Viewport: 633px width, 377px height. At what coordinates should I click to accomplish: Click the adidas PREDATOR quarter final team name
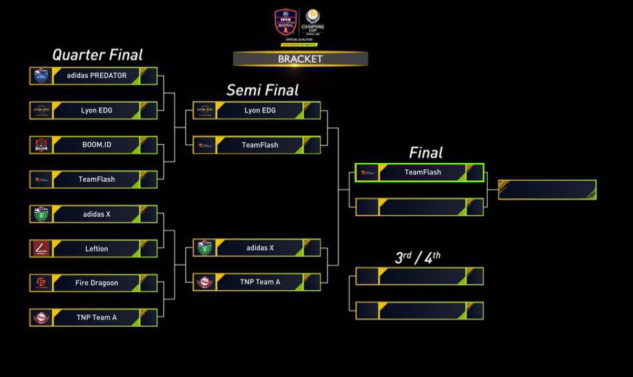[97, 76]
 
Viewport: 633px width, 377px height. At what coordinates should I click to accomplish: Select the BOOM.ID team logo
[41, 145]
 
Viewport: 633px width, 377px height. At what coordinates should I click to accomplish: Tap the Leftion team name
[97, 248]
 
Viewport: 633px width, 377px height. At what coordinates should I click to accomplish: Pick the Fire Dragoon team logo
[41, 283]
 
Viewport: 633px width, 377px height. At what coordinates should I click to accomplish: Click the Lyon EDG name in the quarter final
[97, 111]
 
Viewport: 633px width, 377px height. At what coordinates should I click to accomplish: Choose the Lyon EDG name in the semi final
[260, 111]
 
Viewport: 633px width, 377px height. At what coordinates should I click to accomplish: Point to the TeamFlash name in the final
[422, 172]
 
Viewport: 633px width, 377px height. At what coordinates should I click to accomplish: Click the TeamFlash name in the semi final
[260, 145]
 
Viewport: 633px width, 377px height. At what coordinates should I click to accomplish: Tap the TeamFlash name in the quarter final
[97, 179]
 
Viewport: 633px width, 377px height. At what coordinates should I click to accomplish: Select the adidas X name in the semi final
[260, 248]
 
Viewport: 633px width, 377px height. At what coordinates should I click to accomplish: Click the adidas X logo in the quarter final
[41, 214]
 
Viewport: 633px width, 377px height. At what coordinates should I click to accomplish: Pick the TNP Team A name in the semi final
[260, 282]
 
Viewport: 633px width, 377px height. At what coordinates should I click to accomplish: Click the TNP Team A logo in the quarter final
[41, 318]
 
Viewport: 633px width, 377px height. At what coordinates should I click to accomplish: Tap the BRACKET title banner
[300, 59]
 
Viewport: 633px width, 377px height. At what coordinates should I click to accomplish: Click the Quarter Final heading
[98, 55]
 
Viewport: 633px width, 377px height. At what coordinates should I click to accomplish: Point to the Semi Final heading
[262, 90]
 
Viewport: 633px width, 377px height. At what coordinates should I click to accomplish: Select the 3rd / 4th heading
[418, 257]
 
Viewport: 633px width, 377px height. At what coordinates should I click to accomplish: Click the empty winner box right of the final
[547, 189]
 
